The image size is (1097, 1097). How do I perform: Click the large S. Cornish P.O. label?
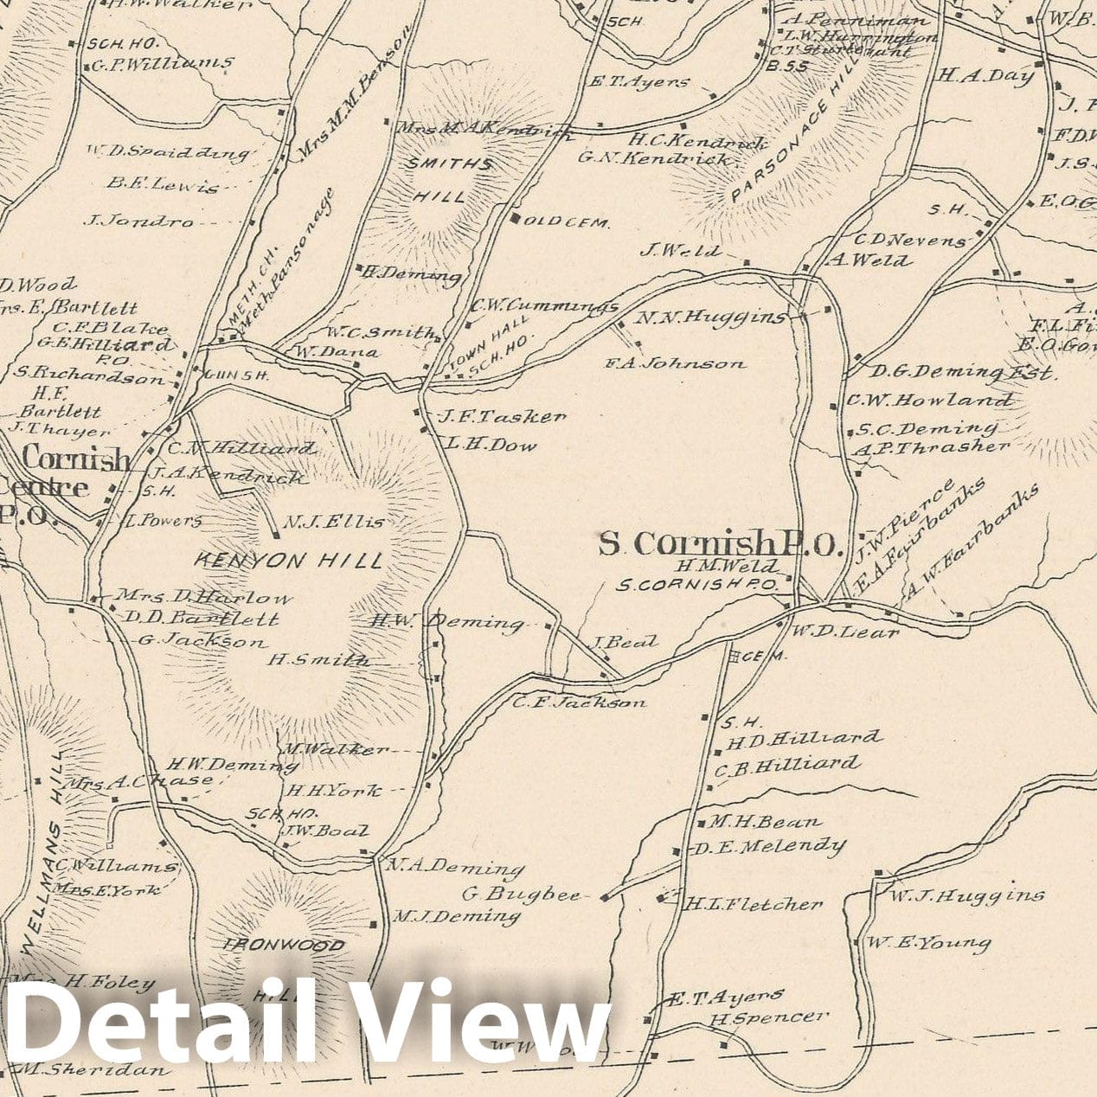click(721, 543)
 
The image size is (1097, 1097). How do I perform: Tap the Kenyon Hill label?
click(288, 561)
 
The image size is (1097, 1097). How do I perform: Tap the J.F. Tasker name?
click(502, 417)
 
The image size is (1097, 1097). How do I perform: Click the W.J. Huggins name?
click(965, 895)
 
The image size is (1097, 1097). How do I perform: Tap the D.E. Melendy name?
click(768, 846)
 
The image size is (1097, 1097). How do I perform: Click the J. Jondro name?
click(138, 221)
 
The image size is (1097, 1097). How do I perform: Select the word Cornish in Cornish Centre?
click(76, 459)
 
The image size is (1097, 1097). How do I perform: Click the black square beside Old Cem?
click(516, 219)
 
